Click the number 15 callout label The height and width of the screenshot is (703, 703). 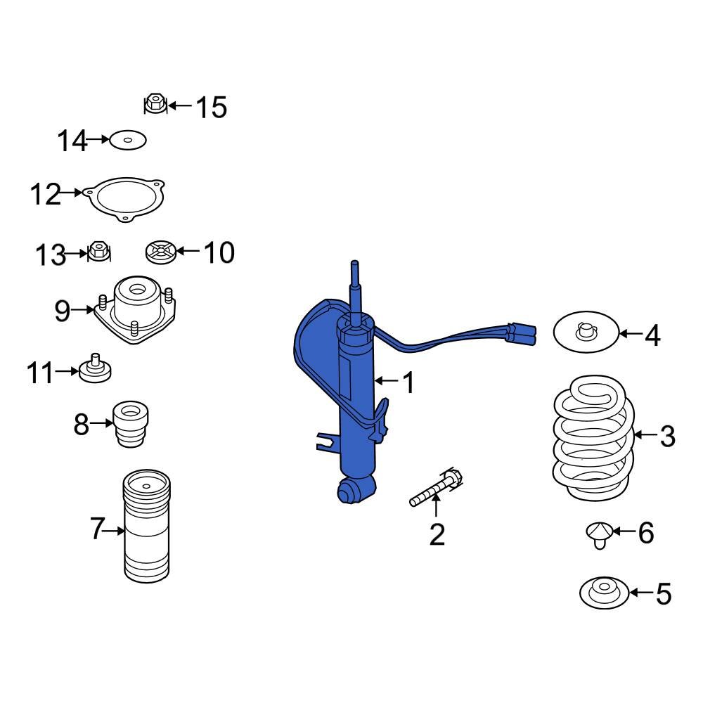point(211,108)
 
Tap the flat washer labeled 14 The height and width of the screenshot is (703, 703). point(128,141)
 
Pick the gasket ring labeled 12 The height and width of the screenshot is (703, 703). point(125,199)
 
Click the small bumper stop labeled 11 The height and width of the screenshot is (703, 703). point(95,369)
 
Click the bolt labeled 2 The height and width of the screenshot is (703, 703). point(434,489)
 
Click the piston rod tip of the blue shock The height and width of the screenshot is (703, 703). point(356,271)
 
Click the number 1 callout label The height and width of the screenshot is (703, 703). point(408,383)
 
